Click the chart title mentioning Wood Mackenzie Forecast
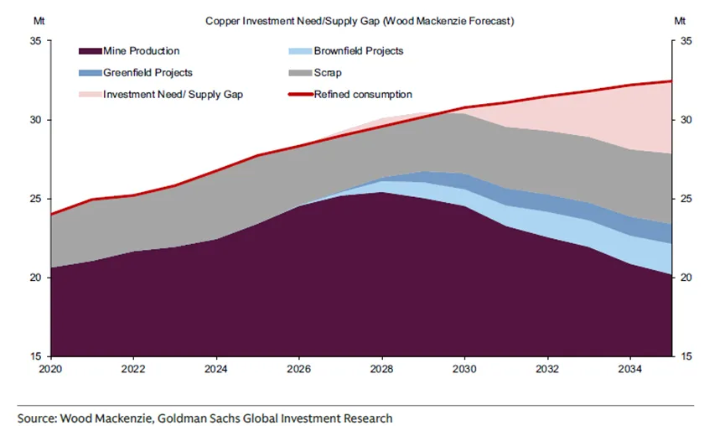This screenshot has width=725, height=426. [x=360, y=19]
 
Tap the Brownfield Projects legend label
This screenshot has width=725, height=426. [x=359, y=51]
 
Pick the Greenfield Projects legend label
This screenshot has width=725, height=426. [x=148, y=73]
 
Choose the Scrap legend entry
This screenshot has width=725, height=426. [x=327, y=73]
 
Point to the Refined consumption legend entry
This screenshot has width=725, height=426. [x=363, y=95]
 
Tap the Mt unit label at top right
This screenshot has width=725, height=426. [x=681, y=19]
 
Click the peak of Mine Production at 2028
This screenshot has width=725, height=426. [x=381, y=192]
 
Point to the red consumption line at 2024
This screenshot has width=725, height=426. [x=216, y=170]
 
